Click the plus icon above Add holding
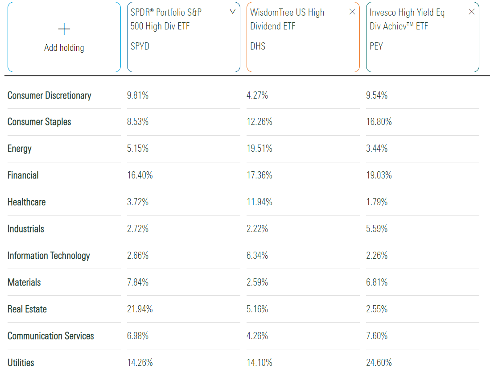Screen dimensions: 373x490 pos(64,29)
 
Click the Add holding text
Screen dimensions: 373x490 pos(64,48)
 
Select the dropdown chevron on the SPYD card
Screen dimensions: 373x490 pos(232,12)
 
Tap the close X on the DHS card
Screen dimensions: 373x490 pos(352,12)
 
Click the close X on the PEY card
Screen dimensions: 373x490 pos(471,12)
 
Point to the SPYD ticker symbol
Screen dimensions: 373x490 pos(140,46)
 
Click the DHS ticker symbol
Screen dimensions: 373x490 pos(258,46)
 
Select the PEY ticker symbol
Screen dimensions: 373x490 pos(376,46)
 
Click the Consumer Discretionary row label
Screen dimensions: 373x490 pos(49,95)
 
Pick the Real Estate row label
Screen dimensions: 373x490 pos(27,309)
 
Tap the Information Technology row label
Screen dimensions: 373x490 pos(49,256)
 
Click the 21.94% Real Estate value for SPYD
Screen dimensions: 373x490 pos(140,309)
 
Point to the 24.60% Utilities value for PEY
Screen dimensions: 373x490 pos(379,363)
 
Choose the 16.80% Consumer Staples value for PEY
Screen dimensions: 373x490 pos(379,122)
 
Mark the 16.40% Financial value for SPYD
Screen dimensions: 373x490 pos(140,175)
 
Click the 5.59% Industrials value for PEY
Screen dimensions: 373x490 pos(377,229)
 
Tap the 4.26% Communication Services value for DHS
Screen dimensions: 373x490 pos(257,336)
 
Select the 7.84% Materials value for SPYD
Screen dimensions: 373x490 pos(138,282)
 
